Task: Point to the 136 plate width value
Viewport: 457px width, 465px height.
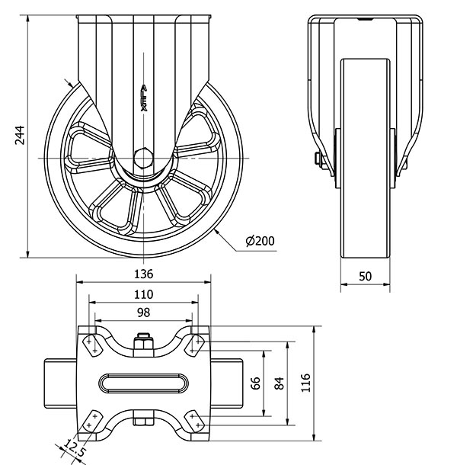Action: point(144,274)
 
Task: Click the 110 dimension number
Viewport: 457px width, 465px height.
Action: point(144,294)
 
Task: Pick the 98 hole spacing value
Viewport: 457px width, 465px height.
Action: point(144,313)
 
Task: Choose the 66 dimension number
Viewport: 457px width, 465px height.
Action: point(257,383)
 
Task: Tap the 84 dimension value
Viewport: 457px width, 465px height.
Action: point(279,383)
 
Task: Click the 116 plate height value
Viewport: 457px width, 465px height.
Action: point(306,383)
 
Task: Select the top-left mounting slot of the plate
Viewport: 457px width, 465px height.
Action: point(91,344)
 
